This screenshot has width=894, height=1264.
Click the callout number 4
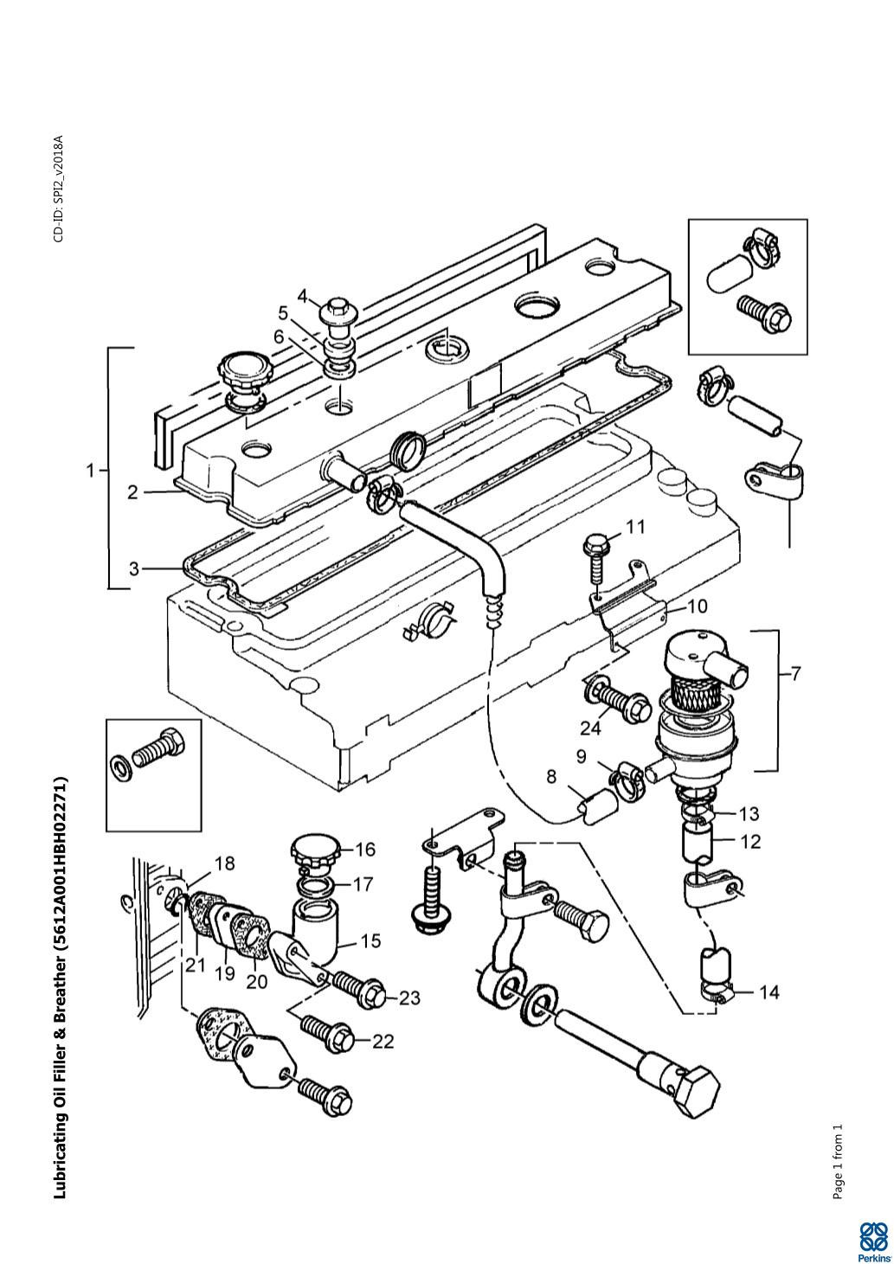304,296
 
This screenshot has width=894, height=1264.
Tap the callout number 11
635,527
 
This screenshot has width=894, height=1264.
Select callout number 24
590,728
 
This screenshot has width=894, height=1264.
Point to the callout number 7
794,673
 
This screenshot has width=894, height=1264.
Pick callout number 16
364,850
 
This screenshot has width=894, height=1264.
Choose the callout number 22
383,1041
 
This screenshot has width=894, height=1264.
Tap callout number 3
133,568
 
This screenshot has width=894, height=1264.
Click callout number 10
697,607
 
